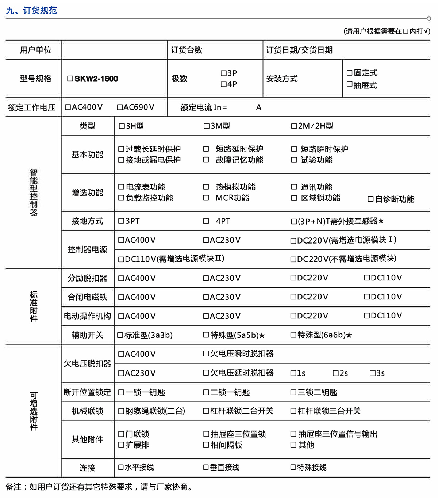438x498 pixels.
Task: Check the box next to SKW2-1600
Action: [x=70, y=79]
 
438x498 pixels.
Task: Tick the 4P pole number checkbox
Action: [x=223, y=84]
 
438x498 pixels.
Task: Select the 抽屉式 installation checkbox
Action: [x=349, y=84]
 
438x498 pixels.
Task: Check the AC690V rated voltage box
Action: [x=119, y=107]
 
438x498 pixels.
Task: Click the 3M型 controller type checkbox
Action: [x=206, y=126]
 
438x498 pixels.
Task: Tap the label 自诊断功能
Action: [x=395, y=199]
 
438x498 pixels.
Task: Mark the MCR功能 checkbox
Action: [x=206, y=198]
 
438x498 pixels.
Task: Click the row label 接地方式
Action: [x=87, y=221]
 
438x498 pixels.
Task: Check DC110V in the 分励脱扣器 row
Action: [x=367, y=278]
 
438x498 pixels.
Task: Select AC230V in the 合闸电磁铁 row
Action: [x=206, y=297]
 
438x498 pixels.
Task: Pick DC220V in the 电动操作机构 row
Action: [x=293, y=316]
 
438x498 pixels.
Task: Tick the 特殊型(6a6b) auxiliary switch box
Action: [x=293, y=335]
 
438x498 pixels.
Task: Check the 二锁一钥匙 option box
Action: [x=206, y=392]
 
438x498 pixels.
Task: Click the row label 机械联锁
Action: [x=87, y=411]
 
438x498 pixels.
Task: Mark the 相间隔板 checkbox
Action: [x=206, y=445]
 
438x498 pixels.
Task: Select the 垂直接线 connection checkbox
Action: [x=206, y=467]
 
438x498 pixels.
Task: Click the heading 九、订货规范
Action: [x=32, y=10]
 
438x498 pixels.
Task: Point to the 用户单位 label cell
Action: [x=35, y=50]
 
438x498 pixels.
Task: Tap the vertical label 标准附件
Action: [x=34, y=306]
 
